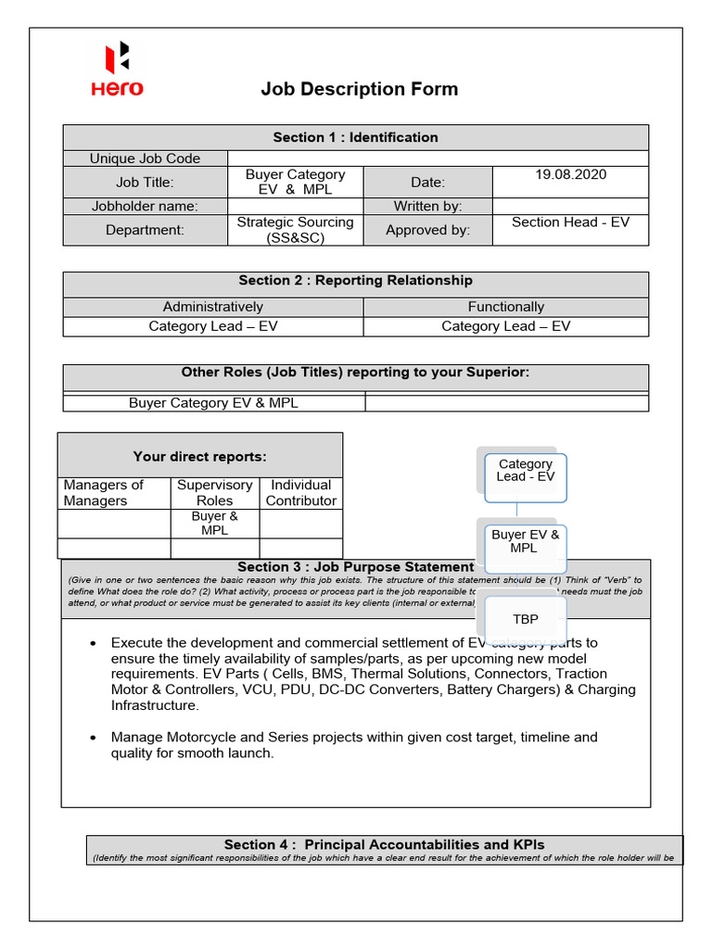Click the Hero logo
coord(117,70)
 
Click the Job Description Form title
coord(359,90)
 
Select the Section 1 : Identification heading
coord(355,137)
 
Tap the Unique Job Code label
coord(145,158)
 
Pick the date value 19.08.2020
coord(570,174)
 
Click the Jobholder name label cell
coord(145,206)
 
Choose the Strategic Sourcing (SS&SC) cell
coord(295,230)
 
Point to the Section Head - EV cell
coord(570,222)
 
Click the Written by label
coord(427,206)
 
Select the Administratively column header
coord(212,307)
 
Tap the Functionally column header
coord(505,307)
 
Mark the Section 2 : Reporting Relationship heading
coord(355,280)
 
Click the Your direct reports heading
coord(199,456)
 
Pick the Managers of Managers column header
coord(104,492)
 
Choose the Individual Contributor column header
coord(300,492)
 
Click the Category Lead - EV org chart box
coord(526,471)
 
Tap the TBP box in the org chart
coord(526,619)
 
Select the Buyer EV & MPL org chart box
coord(526,541)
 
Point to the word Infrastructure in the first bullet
coord(155,705)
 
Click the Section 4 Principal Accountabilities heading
coord(384,844)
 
